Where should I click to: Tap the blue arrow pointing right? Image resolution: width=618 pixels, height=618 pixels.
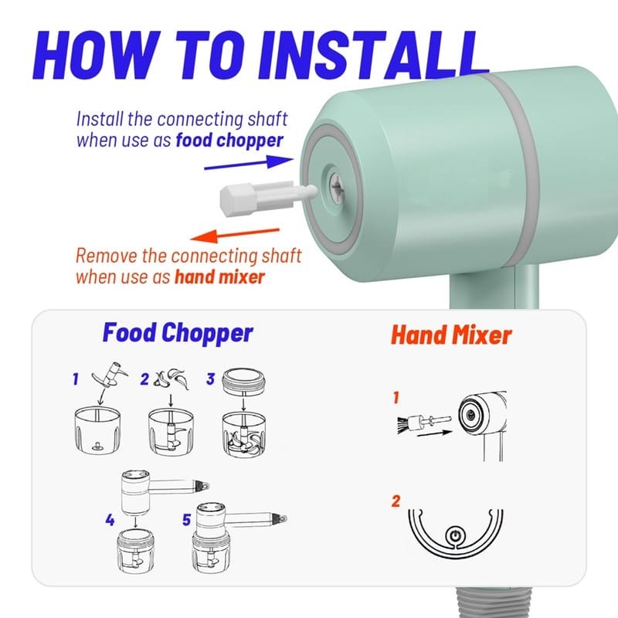coord(249,163)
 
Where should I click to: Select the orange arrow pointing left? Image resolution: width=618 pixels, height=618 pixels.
coord(235,235)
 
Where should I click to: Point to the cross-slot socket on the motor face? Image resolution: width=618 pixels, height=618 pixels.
coord(338,189)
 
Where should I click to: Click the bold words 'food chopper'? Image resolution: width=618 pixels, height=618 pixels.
coord(229,141)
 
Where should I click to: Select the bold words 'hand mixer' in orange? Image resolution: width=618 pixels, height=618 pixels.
coord(219,277)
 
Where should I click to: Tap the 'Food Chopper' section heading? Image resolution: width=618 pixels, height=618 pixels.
coord(178,334)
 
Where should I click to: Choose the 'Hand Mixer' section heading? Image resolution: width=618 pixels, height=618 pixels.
coord(451,335)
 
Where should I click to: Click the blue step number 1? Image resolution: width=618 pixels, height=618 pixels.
coord(76,379)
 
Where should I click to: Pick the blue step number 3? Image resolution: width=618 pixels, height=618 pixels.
coord(210,379)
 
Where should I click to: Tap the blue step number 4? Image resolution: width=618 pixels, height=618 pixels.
coord(110,520)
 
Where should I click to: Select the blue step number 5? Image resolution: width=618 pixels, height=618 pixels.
coord(187,520)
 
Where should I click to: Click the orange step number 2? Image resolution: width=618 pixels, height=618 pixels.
coord(396,501)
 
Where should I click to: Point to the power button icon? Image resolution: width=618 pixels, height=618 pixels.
coord(455,535)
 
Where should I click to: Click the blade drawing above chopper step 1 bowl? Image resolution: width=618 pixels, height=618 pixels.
coord(110,374)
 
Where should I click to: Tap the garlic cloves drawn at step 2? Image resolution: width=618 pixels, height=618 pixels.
coord(171,379)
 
